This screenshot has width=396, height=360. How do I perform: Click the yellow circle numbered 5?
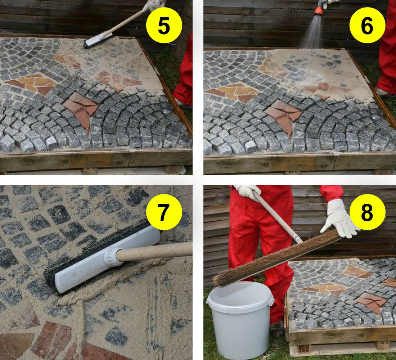[x=164, y=25]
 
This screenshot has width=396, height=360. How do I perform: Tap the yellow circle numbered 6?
[x=367, y=25]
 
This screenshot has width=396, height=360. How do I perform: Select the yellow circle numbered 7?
[x=164, y=212]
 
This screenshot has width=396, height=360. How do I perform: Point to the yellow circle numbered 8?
[x=367, y=212]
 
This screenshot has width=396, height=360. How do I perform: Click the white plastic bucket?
[x=240, y=319]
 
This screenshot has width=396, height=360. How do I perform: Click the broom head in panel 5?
[x=98, y=40]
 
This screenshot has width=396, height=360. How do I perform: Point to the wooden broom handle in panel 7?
[x=154, y=251]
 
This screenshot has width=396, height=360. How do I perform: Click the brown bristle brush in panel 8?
[x=275, y=259]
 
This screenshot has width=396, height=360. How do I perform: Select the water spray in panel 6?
[x=312, y=32]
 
